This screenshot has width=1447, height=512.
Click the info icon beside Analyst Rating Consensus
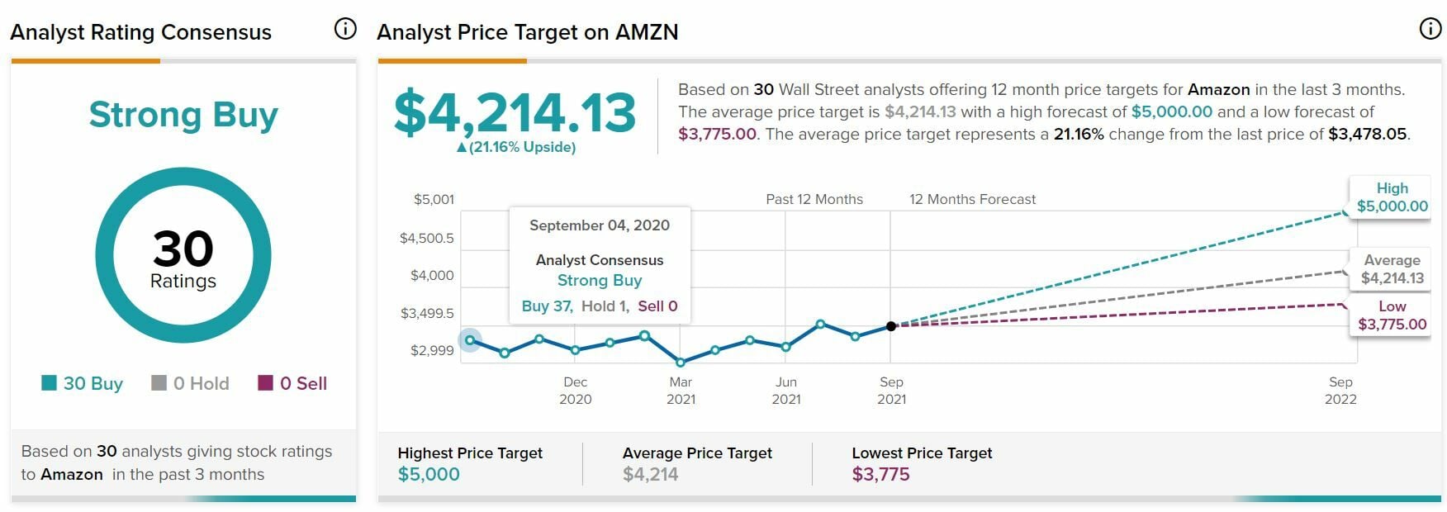[x=345, y=29]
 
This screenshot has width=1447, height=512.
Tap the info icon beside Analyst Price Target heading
[x=1430, y=29]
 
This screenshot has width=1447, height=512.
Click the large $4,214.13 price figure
[x=515, y=112]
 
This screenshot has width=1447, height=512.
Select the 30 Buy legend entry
[x=83, y=383]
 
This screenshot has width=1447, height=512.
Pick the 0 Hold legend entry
[x=191, y=383]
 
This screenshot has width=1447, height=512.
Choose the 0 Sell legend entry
[x=293, y=383]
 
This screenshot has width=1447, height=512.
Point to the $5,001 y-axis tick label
[x=434, y=199]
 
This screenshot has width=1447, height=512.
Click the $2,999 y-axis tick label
[x=432, y=350]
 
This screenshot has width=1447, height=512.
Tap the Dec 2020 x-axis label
[x=576, y=391]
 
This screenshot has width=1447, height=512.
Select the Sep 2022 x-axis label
[x=1340, y=391]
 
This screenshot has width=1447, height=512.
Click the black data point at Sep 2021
[x=891, y=326]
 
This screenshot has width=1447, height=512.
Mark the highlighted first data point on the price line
[x=470, y=340]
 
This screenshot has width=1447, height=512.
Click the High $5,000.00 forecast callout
[x=1392, y=197]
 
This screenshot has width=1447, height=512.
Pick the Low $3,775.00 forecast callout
[x=1392, y=315]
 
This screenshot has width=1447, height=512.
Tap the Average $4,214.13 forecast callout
[x=1392, y=269]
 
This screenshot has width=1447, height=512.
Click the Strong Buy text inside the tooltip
[x=600, y=281]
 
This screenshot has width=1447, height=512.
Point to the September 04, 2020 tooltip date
[x=600, y=225]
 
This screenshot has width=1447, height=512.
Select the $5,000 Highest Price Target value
[x=429, y=474]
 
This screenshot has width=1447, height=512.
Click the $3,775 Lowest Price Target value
[x=880, y=474]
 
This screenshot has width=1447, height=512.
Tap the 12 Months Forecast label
[x=972, y=199]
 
